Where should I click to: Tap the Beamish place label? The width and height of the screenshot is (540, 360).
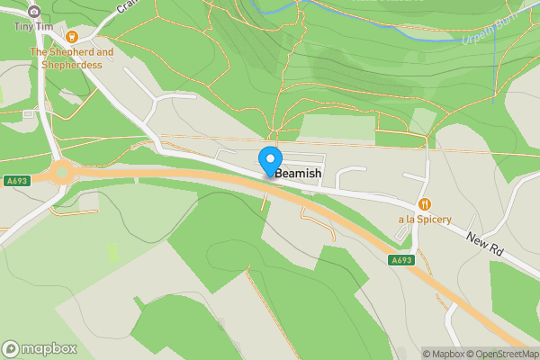tap(297, 173)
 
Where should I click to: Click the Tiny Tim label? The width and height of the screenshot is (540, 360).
tap(34, 26)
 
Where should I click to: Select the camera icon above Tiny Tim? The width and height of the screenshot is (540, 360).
tap(34, 11)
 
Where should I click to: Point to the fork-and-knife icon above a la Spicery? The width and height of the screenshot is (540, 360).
tap(425, 205)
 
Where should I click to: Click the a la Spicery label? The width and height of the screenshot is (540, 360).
tap(425, 220)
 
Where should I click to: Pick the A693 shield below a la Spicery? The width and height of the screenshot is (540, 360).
tap(401, 260)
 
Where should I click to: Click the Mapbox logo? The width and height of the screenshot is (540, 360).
tap(39, 348)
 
